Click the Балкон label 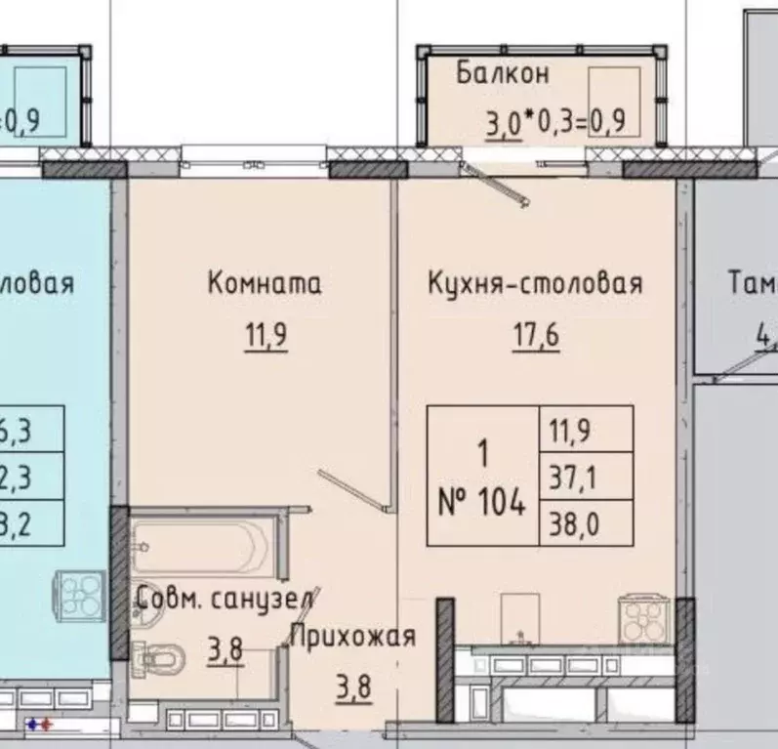(503, 73)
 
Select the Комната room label (265, 284)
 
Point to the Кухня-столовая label (535, 284)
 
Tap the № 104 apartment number (482, 504)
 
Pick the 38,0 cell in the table (586, 525)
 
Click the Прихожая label (353, 637)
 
